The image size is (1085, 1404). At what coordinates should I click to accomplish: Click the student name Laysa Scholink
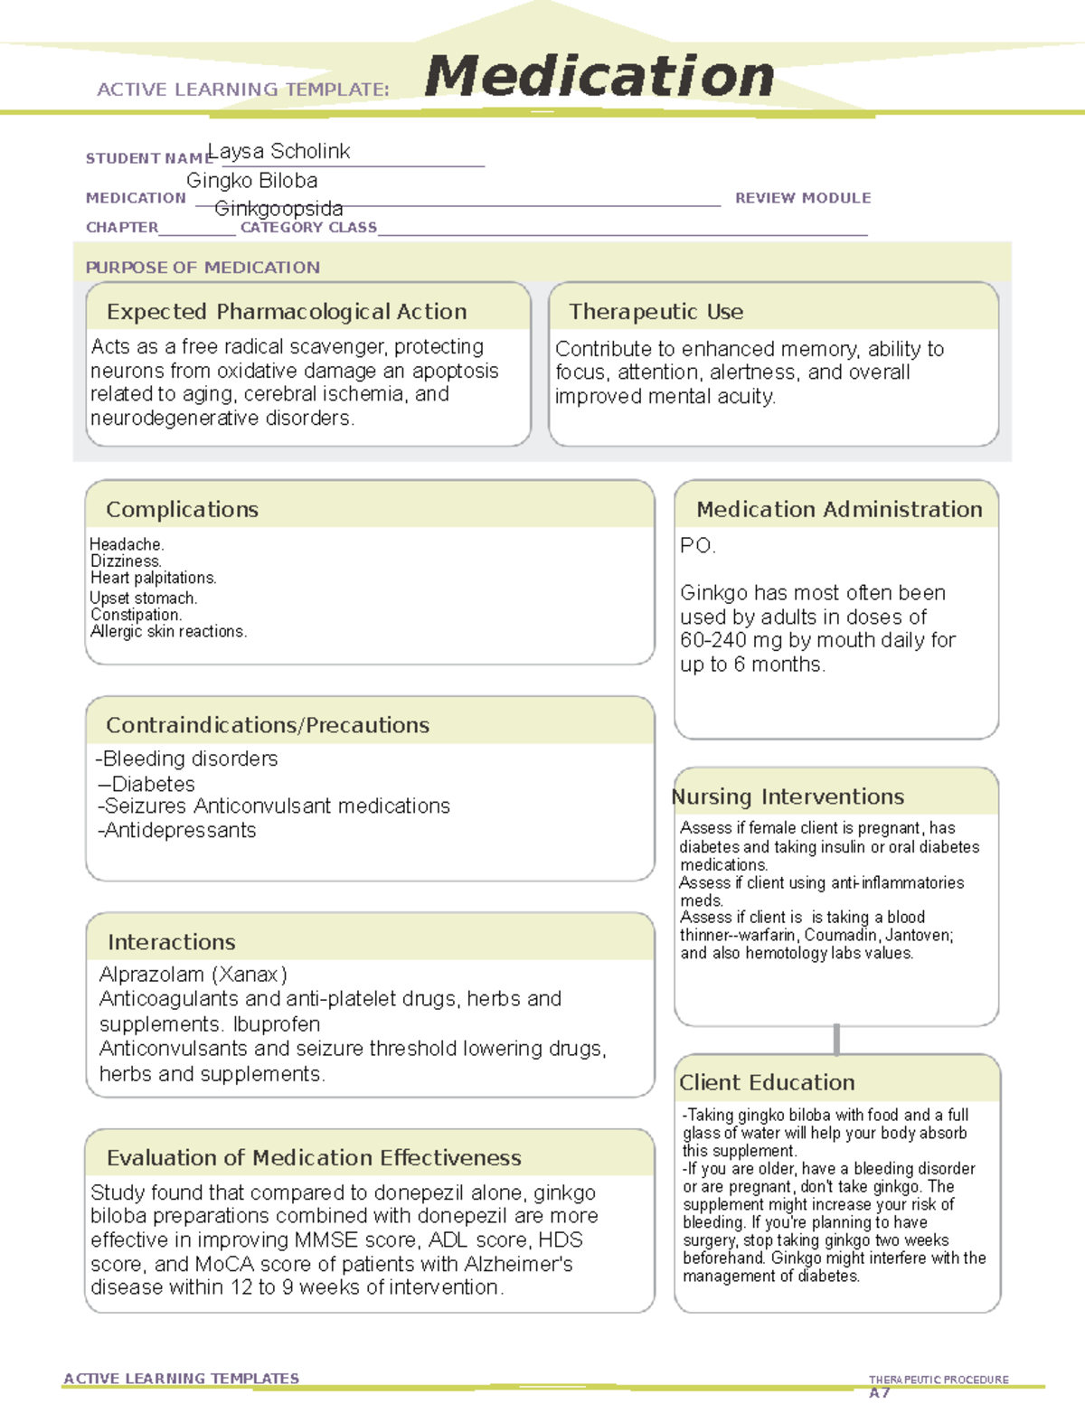[x=278, y=151]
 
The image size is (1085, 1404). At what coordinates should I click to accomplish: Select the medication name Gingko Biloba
[x=251, y=181]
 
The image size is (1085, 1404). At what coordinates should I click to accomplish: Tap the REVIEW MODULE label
[x=802, y=198]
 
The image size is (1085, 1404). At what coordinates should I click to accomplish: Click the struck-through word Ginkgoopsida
[x=278, y=209]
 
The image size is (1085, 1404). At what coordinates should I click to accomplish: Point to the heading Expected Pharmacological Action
[x=287, y=312]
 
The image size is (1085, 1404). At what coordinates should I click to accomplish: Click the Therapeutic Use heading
[x=656, y=312]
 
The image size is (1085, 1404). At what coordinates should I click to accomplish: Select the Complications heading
[x=182, y=510]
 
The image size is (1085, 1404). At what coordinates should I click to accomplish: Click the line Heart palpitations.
[x=153, y=578]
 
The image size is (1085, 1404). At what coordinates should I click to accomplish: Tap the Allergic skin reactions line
[x=168, y=632]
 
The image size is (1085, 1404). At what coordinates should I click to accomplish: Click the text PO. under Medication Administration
[x=697, y=546]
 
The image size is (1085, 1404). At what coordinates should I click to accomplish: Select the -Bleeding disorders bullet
[x=187, y=759]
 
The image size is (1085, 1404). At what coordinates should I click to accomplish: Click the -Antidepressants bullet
[x=177, y=831]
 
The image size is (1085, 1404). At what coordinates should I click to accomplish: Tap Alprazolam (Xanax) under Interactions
[x=193, y=975]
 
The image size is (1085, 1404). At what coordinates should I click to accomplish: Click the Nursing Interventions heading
[x=788, y=797]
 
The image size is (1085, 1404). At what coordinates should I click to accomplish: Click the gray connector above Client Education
[x=836, y=1040]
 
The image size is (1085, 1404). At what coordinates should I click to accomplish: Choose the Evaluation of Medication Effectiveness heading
[x=314, y=1158]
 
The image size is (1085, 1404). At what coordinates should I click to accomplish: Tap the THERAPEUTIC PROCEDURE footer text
[x=938, y=1380]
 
